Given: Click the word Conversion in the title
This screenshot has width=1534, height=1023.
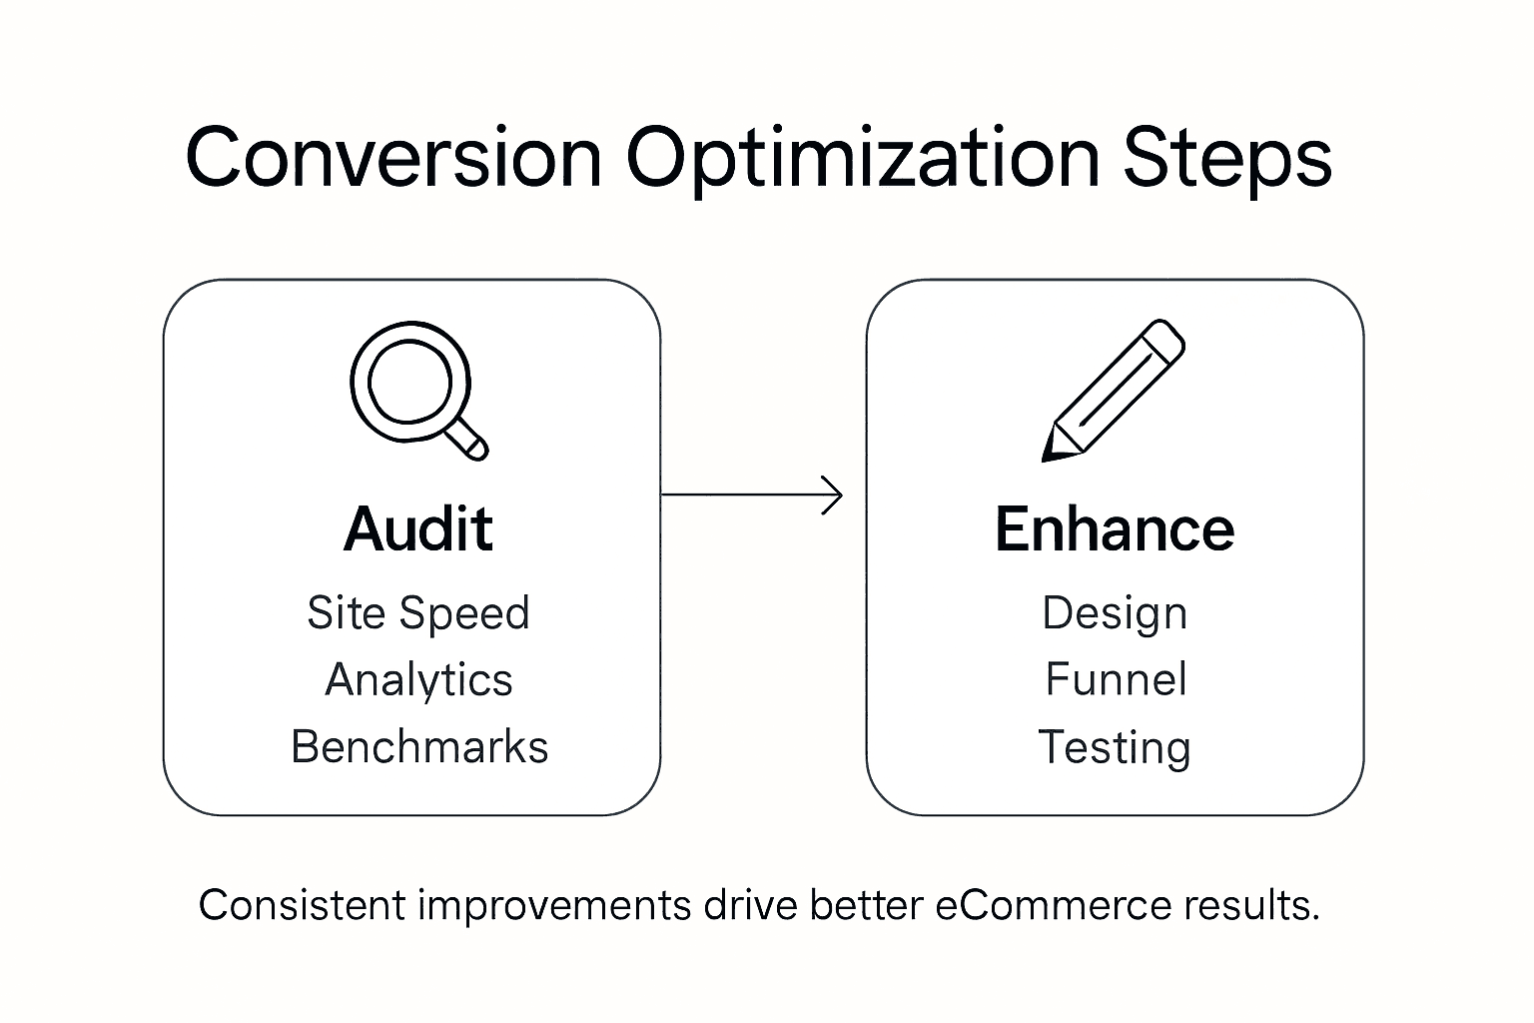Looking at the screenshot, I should [393, 157].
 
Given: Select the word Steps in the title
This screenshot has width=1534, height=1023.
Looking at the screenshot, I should [1227, 157].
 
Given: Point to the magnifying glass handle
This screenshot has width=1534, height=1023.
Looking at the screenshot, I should [467, 440].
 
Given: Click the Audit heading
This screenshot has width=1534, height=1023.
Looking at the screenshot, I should [418, 528].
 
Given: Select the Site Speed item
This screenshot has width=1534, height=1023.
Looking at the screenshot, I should [418, 612].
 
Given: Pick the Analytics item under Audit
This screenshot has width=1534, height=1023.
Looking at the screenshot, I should [418, 680].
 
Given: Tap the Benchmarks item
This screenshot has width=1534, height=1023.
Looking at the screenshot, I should [419, 747].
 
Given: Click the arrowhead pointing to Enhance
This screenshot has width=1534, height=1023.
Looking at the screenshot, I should [834, 495].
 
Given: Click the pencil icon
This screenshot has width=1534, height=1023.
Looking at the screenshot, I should [1113, 392].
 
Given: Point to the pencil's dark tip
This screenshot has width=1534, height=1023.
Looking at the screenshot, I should [1052, 453].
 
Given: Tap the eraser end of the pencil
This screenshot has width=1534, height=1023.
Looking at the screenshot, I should [1162, 341].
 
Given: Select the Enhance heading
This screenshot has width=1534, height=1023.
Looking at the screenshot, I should [1115, 528].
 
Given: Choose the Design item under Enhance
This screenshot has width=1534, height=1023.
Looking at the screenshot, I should [1115, 613].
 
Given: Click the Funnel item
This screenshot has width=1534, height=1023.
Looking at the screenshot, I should [1116, 680].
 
